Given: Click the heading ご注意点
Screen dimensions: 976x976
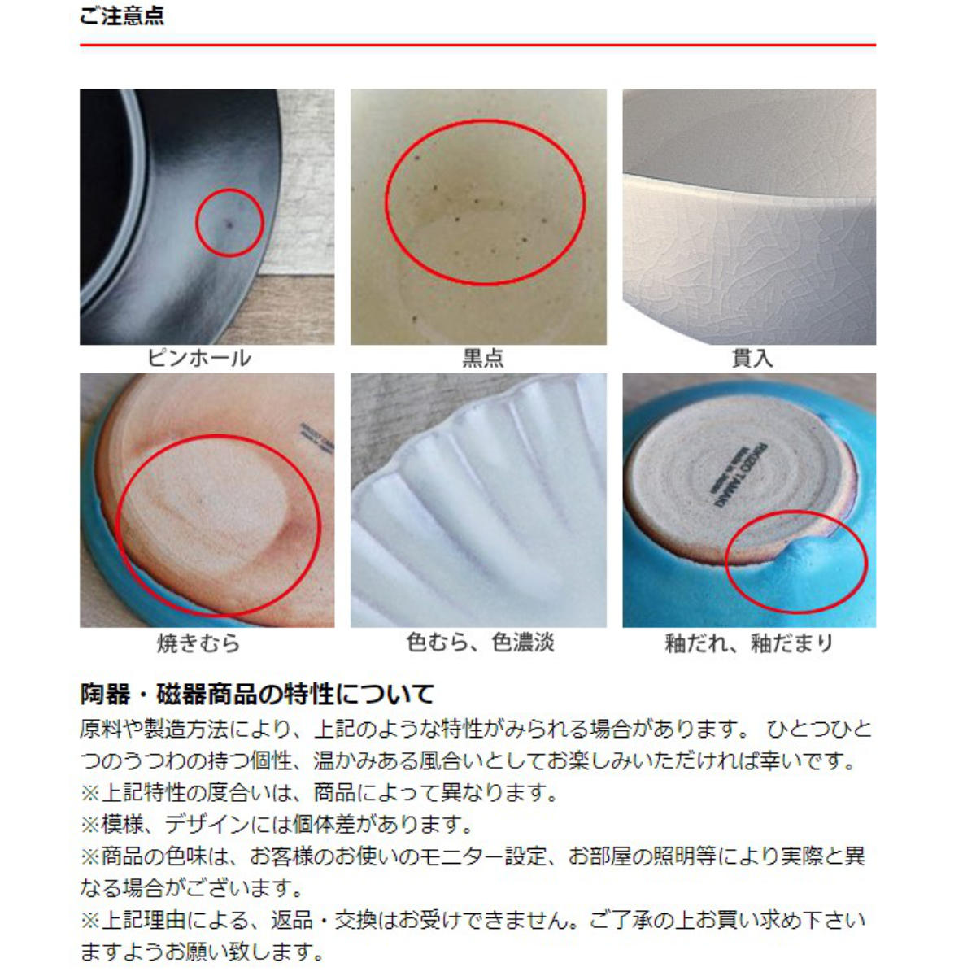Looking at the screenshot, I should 122,15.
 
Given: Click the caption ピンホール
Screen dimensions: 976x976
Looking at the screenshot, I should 199,358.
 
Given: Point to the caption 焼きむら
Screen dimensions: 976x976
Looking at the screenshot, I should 199,643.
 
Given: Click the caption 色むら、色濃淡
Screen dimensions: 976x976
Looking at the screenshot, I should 481,643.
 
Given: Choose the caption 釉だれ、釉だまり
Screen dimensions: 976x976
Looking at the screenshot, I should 749,643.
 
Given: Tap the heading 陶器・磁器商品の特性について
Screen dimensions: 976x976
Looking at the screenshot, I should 257,694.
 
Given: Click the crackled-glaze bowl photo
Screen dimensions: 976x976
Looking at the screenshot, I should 749,216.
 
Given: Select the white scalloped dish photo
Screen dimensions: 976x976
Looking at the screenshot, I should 478,500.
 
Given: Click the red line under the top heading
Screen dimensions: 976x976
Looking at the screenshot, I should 477,45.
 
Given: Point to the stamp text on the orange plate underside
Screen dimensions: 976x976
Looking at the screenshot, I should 310,438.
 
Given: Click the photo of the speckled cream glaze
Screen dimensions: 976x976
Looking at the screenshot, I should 478,216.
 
